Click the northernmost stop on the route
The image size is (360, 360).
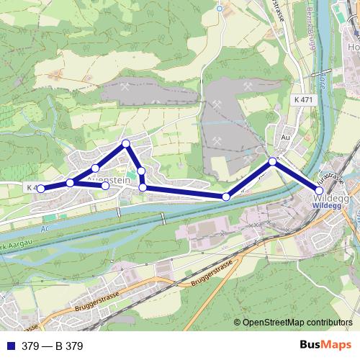click(126, 143)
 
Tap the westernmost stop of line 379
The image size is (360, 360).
click(41, 189)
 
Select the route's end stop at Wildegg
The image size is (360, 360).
click(320, 190)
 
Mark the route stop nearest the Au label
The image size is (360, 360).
click(272, 161)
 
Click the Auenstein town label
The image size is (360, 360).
click(107, 175)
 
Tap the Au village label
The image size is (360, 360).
click(285, 135)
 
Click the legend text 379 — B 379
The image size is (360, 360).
click(53, 346)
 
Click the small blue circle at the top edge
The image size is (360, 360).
click(219, 8)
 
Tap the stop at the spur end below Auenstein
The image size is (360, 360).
click(106, 186)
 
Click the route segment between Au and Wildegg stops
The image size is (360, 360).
click(296, 176)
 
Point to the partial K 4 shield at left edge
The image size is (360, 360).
click(32, 187)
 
